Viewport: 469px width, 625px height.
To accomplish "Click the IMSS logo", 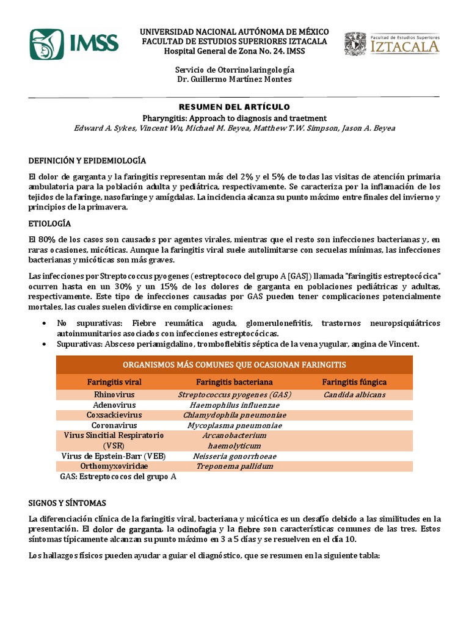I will click(74, 42).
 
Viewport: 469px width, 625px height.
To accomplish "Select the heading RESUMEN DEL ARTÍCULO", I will click(234, 107).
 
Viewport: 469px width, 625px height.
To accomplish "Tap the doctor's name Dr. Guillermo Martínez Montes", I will click(234, 79).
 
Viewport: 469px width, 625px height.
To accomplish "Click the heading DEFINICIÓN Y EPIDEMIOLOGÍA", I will click(88, 161).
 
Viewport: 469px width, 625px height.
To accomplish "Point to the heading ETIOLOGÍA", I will click(50, 223).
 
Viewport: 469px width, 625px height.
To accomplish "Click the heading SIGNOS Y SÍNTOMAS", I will click(68, 503).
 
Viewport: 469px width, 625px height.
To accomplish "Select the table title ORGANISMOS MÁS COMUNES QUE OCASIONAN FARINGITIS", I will click(234, 364).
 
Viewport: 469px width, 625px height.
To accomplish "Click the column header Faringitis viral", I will click(114, 382).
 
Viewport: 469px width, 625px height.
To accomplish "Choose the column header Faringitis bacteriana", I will click(234, 382).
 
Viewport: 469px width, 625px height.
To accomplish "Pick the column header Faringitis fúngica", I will click(354, 382).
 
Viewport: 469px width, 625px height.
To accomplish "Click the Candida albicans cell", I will click(354, 395).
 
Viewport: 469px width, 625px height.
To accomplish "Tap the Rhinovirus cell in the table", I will click(114, 395).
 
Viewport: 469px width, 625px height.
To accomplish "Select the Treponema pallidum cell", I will click(234, 466).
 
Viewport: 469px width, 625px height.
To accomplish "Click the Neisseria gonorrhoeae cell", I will click(234, 456).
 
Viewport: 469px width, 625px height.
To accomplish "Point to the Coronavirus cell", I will click(114, 425).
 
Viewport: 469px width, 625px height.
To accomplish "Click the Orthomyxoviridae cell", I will click(114, 466).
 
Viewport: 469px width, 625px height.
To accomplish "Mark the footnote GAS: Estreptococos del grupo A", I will click(118, 477).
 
